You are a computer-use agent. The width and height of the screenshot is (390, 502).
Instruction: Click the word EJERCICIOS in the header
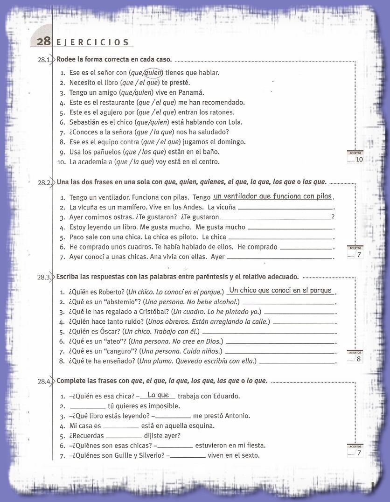92,42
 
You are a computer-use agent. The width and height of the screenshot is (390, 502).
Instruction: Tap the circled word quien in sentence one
153,72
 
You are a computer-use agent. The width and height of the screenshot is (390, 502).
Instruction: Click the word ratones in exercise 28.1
222,112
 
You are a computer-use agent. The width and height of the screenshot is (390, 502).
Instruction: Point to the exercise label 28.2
45,183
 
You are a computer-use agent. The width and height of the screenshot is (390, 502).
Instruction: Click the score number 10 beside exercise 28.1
359,160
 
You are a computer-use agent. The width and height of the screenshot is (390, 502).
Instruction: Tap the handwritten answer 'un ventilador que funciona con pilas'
272,196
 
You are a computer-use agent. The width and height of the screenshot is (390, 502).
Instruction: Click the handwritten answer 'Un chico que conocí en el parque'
280,290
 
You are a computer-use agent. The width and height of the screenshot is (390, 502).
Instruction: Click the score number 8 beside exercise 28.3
358,359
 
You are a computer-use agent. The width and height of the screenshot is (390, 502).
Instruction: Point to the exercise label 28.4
45,382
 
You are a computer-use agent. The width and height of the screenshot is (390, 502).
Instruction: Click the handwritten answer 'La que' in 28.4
158,395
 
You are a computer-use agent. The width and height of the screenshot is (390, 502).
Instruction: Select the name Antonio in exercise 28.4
237,416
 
